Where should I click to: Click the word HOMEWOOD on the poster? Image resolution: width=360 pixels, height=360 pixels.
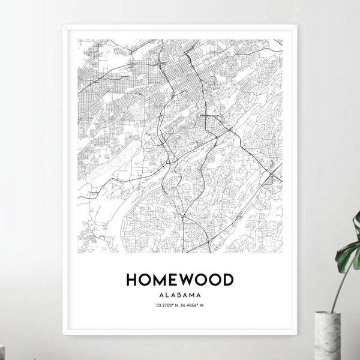tap(179, 280)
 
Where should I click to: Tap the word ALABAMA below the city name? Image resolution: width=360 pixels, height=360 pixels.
tap(179, 295)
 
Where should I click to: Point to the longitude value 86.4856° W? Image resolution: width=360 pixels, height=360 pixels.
tap(193, 306)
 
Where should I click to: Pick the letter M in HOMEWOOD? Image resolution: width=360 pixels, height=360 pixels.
tap(159, 280)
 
